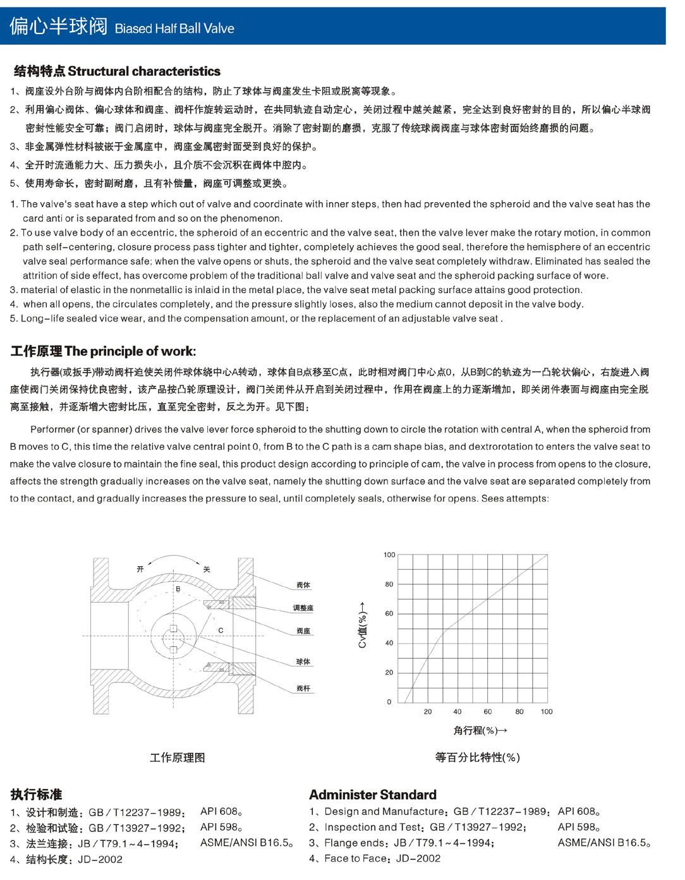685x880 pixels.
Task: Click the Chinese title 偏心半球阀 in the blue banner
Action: [59, 27]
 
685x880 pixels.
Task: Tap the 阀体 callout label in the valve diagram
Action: [303, 585]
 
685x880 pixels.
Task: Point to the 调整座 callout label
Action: [303, 608]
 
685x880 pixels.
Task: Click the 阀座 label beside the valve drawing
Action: [303, 631]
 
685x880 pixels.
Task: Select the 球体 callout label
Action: [303, 661]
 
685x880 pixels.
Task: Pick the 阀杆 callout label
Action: [303, 688]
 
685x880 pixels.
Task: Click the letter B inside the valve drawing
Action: [178, 589]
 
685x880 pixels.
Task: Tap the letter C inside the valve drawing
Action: [221, 630]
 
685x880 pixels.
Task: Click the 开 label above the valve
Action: [140, 569]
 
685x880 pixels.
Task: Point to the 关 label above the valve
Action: [206, 569]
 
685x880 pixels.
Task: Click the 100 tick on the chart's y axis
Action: [389, 555]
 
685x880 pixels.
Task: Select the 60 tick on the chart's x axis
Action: [487, 711]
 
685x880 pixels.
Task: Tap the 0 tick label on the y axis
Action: [389, 701]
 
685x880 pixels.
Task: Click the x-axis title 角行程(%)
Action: [480, 730]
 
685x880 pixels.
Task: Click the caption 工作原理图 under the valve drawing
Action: [177, 757]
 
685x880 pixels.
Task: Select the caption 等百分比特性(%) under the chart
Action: [477, 757]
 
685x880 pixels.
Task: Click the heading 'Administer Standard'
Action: [373, 795]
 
